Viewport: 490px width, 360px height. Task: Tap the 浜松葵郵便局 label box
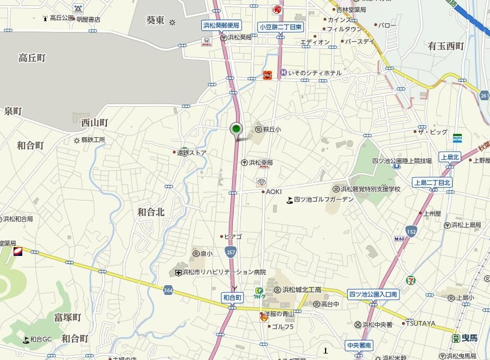click(x=220, y=25)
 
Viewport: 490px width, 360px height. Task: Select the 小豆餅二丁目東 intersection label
click(x=280, y=27)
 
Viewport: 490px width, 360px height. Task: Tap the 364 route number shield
click(x=167, y=291)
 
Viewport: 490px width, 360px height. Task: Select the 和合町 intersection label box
click(x=232, y=297)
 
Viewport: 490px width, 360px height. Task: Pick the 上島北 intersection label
click(x=450, y=157)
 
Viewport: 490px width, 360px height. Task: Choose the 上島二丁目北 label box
click(x=432, y=183)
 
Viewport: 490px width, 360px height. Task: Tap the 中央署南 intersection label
click(x=359, y=345)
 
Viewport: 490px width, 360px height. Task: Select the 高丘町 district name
click(x=31, y=57)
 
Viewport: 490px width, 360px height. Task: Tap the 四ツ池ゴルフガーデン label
click(x=323, y=200)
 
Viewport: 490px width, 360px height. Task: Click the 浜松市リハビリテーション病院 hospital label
click(x=224, y=272)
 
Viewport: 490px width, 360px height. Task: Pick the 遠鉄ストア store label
click(x=192, y=152)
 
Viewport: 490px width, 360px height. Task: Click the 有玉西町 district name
click(x=446, y=46)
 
